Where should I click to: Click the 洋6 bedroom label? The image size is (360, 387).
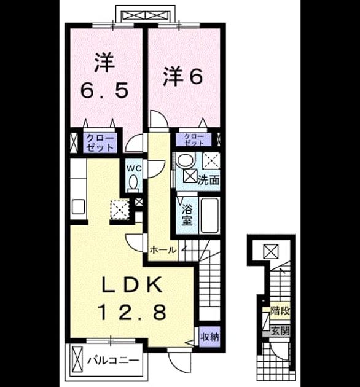(x=183, y=77)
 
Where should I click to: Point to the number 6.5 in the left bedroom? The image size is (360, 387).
(x=104, y=90)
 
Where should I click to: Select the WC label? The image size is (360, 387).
(x=134, y=169)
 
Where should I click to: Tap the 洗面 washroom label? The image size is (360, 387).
(x=209, y=181)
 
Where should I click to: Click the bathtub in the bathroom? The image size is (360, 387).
(x=209, y=216)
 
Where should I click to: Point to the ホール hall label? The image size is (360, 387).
(x=163, y=250)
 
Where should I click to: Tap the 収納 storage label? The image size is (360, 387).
(x=209, y=337)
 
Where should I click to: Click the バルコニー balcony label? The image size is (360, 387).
(x=113, y=361)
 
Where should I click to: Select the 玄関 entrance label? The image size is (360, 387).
(x=280, y=331)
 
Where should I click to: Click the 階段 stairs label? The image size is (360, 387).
(x=280, y=311)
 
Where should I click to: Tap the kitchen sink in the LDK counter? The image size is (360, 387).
(x=79, y=207)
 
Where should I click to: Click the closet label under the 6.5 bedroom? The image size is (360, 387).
(x=100, y=143)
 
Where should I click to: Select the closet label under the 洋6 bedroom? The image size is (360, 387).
(x=194, y=139)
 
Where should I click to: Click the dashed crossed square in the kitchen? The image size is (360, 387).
(x=120, y=210)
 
